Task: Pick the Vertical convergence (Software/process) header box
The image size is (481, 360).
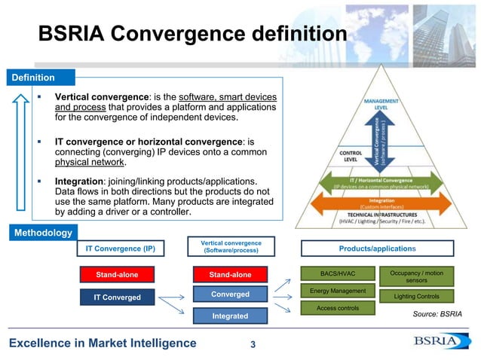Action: pos(230,247)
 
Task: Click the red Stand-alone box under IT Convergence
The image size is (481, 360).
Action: pos(117,274)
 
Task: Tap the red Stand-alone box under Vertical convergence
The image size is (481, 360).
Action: pos(230,274)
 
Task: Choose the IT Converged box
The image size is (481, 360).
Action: pos(117,297)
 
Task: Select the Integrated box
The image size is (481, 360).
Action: pos(230,316)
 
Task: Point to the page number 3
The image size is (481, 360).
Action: pos(253,345)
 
